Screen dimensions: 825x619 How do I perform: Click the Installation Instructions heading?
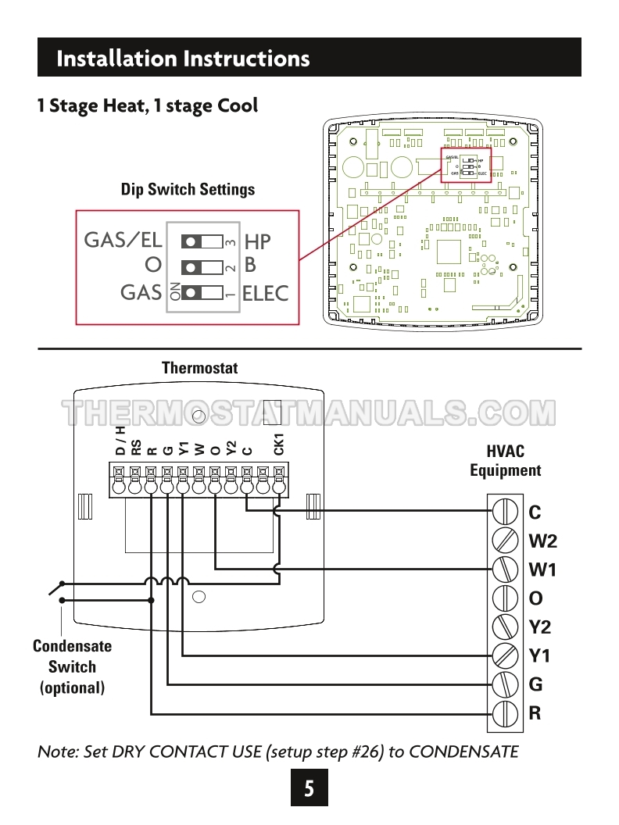(183, 59)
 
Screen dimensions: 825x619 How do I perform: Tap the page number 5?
(309, 788)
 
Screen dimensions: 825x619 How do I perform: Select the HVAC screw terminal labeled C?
(506, 512)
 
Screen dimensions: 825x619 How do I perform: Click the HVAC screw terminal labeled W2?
(506, 541)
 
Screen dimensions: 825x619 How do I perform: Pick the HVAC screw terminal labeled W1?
(506, 570)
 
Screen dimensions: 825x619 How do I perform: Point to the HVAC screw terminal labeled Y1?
(506, 655)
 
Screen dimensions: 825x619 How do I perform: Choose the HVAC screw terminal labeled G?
(506, 684)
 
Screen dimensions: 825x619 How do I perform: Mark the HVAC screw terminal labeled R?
(506, 712)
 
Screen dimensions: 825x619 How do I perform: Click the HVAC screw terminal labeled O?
(506, 598)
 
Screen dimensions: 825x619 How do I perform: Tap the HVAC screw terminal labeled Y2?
(506, 627)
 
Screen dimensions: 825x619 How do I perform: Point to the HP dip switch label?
(257, 241)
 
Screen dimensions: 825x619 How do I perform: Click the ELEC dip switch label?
(266, 294)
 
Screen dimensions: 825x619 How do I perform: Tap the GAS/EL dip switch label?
(123, 240)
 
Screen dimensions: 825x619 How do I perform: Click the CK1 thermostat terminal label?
(279, 443)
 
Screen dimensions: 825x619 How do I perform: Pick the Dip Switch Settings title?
(188, 189)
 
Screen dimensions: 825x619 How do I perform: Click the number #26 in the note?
(370, 752)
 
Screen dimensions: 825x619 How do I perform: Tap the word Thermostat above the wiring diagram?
(199, 367)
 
